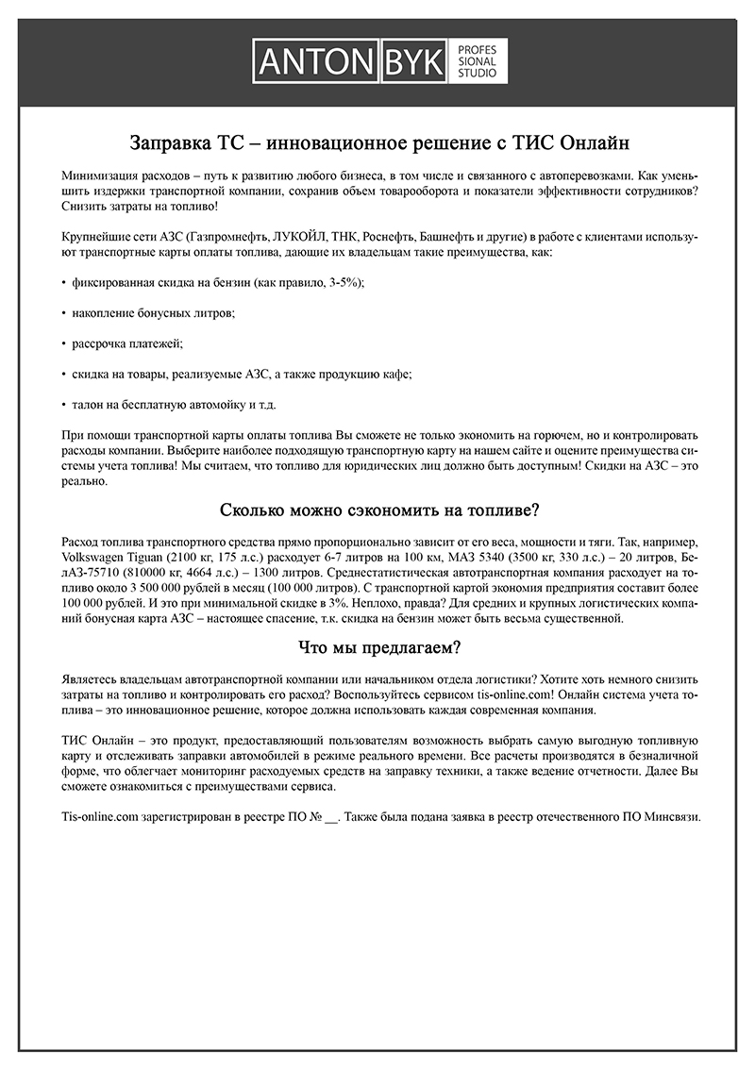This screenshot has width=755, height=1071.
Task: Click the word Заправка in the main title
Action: (174, 144)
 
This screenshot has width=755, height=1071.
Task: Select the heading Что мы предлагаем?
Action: (378, 647)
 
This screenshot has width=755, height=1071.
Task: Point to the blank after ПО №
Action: (330, 818)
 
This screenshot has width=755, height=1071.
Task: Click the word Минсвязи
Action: (672, 817)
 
